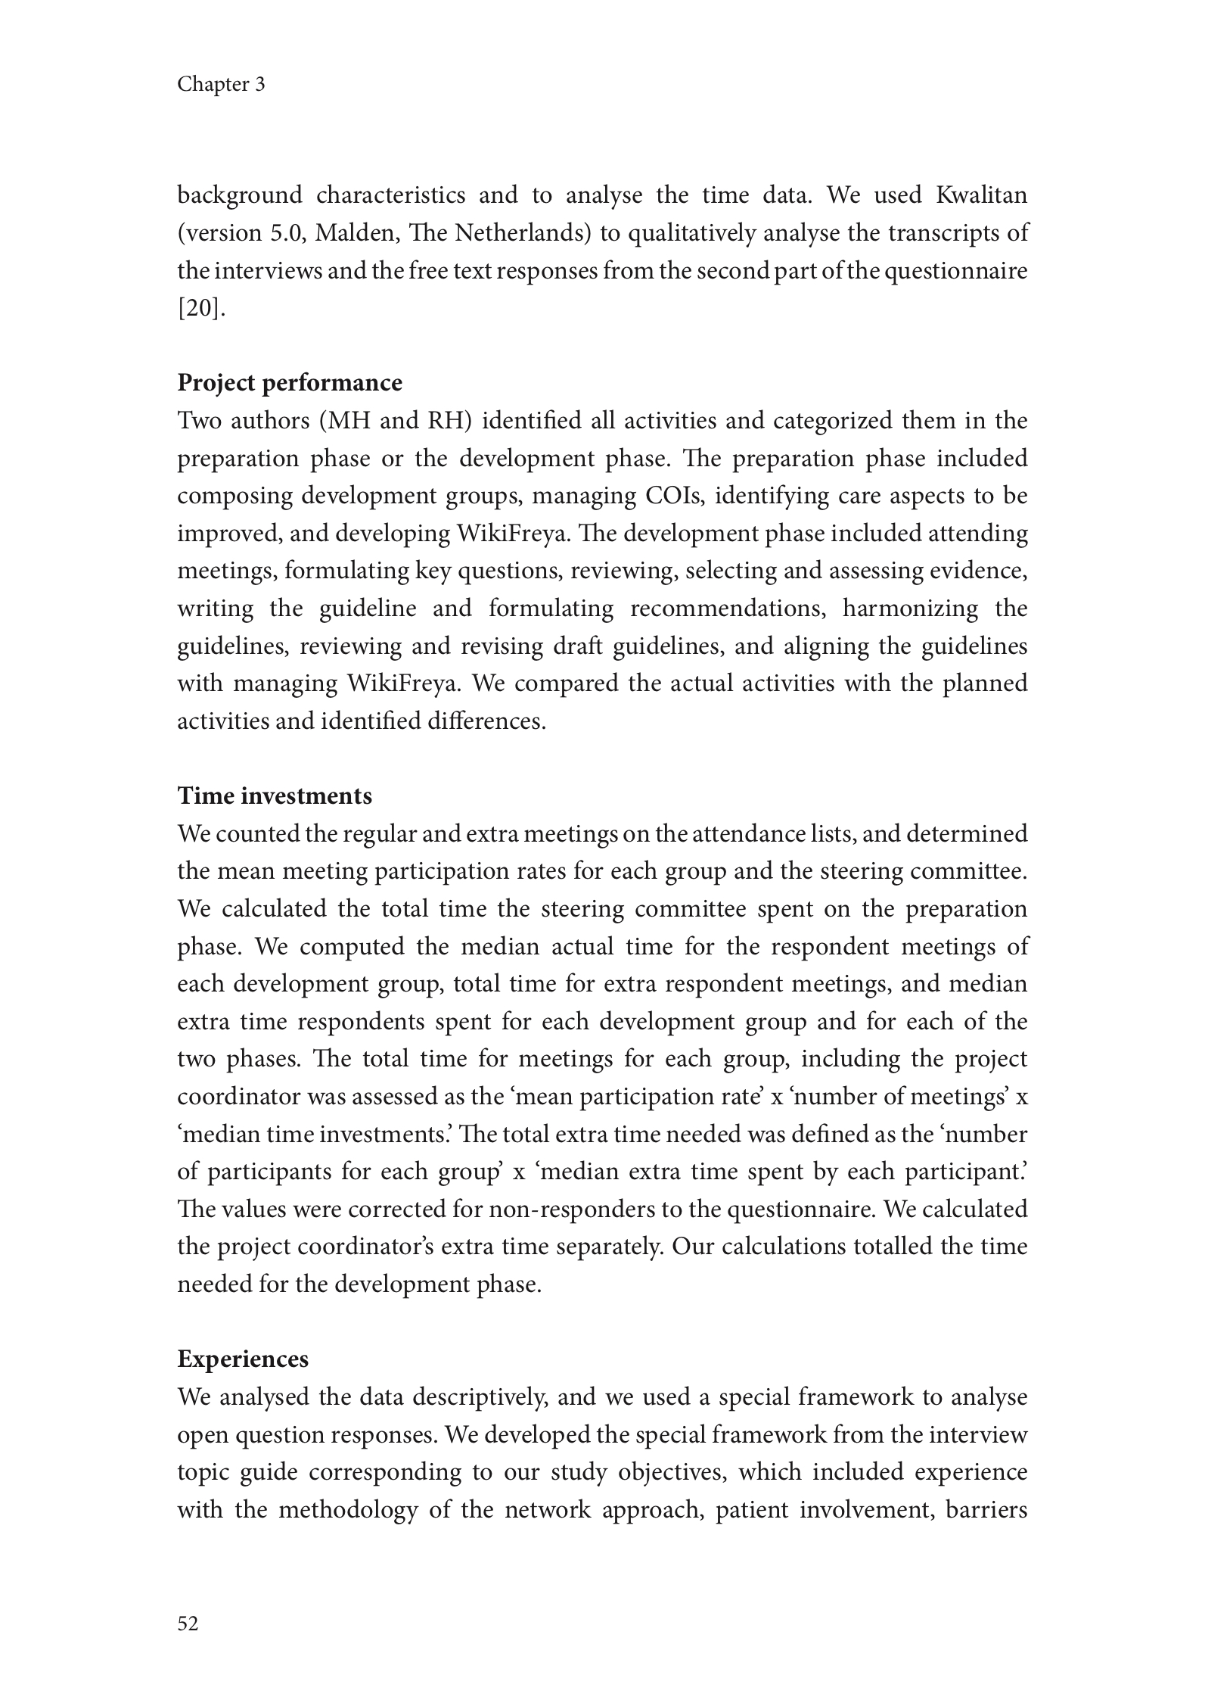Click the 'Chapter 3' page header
coord(221,84)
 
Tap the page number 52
coord(188,1623)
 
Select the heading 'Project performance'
coord(290,383)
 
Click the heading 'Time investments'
coord(275,796)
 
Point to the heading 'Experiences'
coord(243,1359)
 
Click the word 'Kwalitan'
coord(982,195)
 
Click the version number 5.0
coord(286,233)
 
